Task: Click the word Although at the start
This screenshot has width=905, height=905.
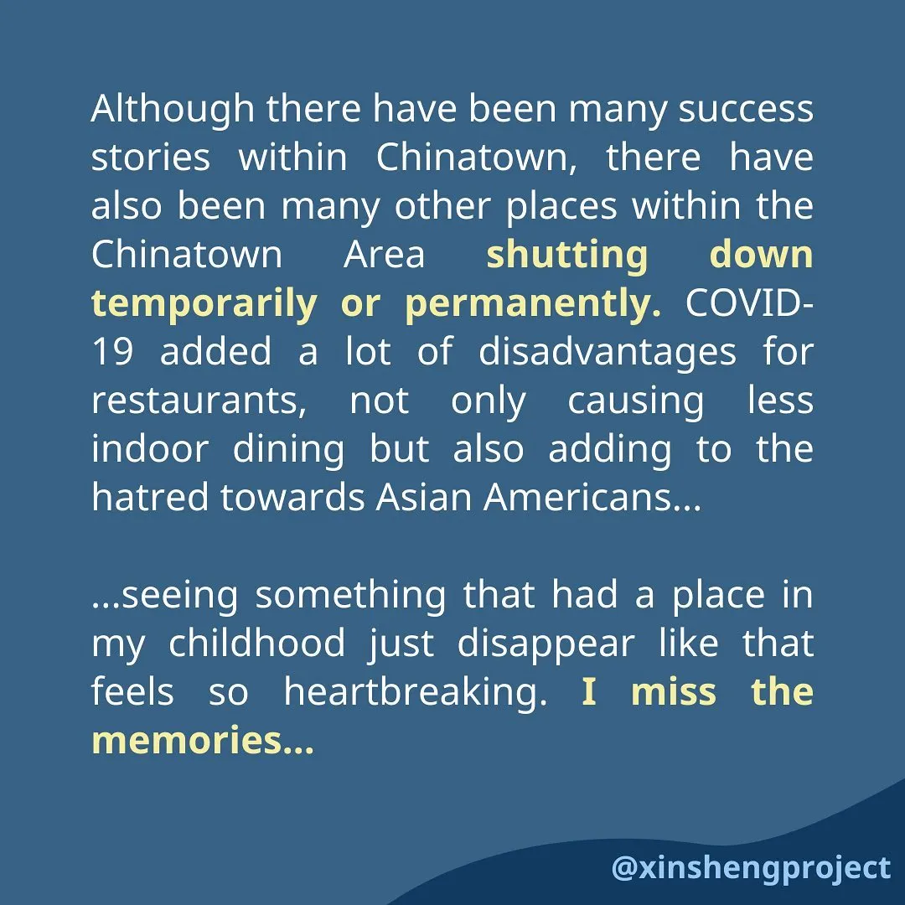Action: [173, 110]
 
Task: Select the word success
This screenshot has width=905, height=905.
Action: [746, 110]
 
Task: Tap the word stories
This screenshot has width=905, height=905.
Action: [151, 157]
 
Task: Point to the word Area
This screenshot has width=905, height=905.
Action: [385, 255]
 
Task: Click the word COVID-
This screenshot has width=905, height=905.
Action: [749, 303]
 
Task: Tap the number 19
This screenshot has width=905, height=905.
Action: [112, 352]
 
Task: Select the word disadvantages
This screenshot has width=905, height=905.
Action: [608, 353]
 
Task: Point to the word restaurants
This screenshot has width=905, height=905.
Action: [199, 401]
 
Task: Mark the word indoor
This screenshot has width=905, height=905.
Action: [150, 449]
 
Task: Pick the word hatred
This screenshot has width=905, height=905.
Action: [150, 498]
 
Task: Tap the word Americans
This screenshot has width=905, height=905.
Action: [592, 498]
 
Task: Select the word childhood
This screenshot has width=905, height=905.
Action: [257, 643]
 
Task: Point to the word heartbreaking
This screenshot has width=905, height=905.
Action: [416, 693]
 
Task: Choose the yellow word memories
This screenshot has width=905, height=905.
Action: [203, 741]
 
